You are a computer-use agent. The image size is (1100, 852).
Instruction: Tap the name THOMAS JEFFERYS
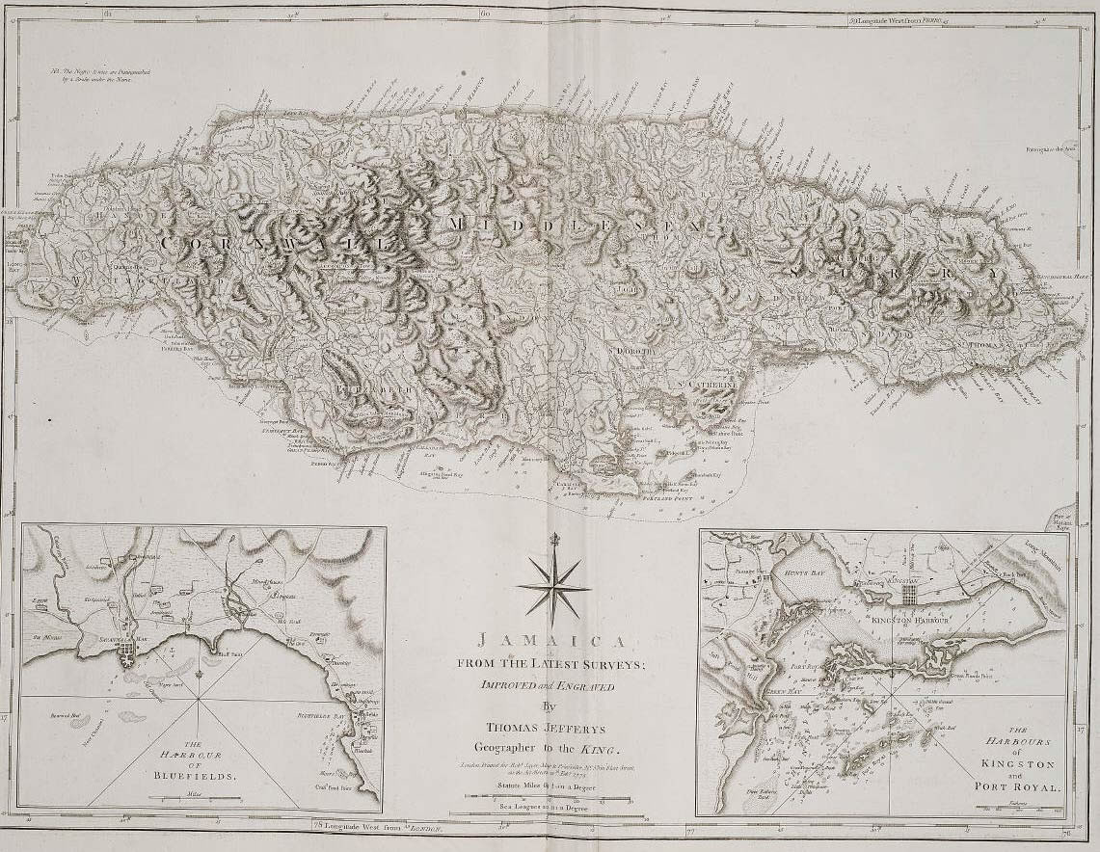pyautogui.click(x=550, y=730)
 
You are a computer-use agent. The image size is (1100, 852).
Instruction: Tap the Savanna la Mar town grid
pyautogui.click(x=126, y=663)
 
